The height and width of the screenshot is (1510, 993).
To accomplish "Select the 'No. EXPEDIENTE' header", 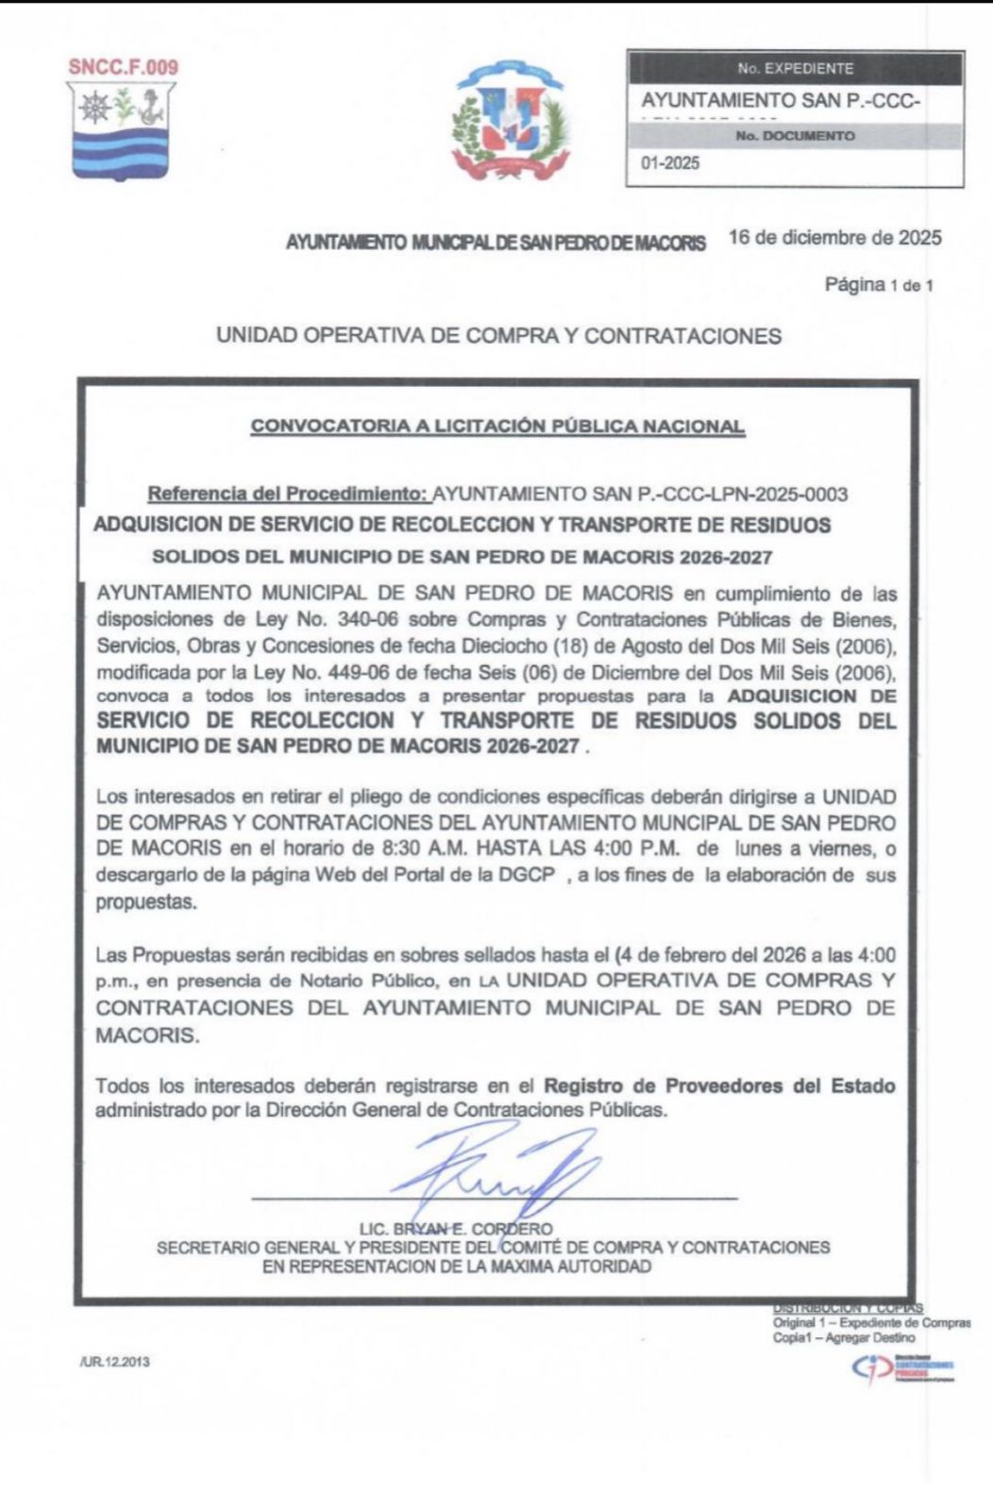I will coord(796,69).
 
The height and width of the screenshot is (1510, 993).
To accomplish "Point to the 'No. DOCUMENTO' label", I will coord(796,136).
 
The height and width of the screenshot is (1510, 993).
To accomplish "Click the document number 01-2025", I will coord(671,163).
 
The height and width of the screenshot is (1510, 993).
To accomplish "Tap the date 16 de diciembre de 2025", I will coord(835,238).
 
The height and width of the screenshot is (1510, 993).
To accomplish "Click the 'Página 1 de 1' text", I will coord(879,285).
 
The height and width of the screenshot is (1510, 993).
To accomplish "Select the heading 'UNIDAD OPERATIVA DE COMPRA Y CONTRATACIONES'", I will coord(498,336).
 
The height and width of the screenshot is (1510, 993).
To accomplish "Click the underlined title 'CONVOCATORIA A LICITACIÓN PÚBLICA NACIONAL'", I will coord(497,427).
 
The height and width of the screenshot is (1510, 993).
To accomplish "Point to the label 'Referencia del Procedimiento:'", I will coord(288,494).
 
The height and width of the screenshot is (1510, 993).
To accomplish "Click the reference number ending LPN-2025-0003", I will coord(640,494).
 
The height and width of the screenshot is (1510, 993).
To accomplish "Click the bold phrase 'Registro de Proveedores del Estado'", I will coord(719,1085).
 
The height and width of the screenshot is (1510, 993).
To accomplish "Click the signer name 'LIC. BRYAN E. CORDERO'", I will coord(456,1229).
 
